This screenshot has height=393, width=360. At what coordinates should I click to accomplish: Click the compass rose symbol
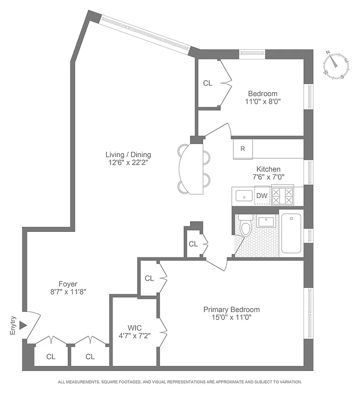coord(337,65)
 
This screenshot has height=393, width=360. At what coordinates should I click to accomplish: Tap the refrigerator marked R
coord(243,148)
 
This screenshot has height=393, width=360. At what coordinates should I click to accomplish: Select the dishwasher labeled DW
coord(262,196)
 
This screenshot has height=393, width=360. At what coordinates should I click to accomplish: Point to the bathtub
coord(291,233)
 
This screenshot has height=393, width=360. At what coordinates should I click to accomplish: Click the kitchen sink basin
coord(244,196)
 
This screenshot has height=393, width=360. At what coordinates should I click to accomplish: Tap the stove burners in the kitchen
coord(282,196)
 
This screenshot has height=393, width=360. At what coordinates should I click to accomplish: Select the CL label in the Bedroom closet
coord(208,84)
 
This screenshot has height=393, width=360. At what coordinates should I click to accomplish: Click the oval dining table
coord(192,168)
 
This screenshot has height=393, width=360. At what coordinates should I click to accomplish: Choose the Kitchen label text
coord(268,169)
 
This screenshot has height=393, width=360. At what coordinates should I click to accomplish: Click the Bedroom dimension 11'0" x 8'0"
coord(262,102)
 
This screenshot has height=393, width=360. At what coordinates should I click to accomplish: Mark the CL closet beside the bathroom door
coord(193,244)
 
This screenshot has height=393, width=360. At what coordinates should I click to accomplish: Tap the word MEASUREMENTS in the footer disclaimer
coord(87,382)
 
